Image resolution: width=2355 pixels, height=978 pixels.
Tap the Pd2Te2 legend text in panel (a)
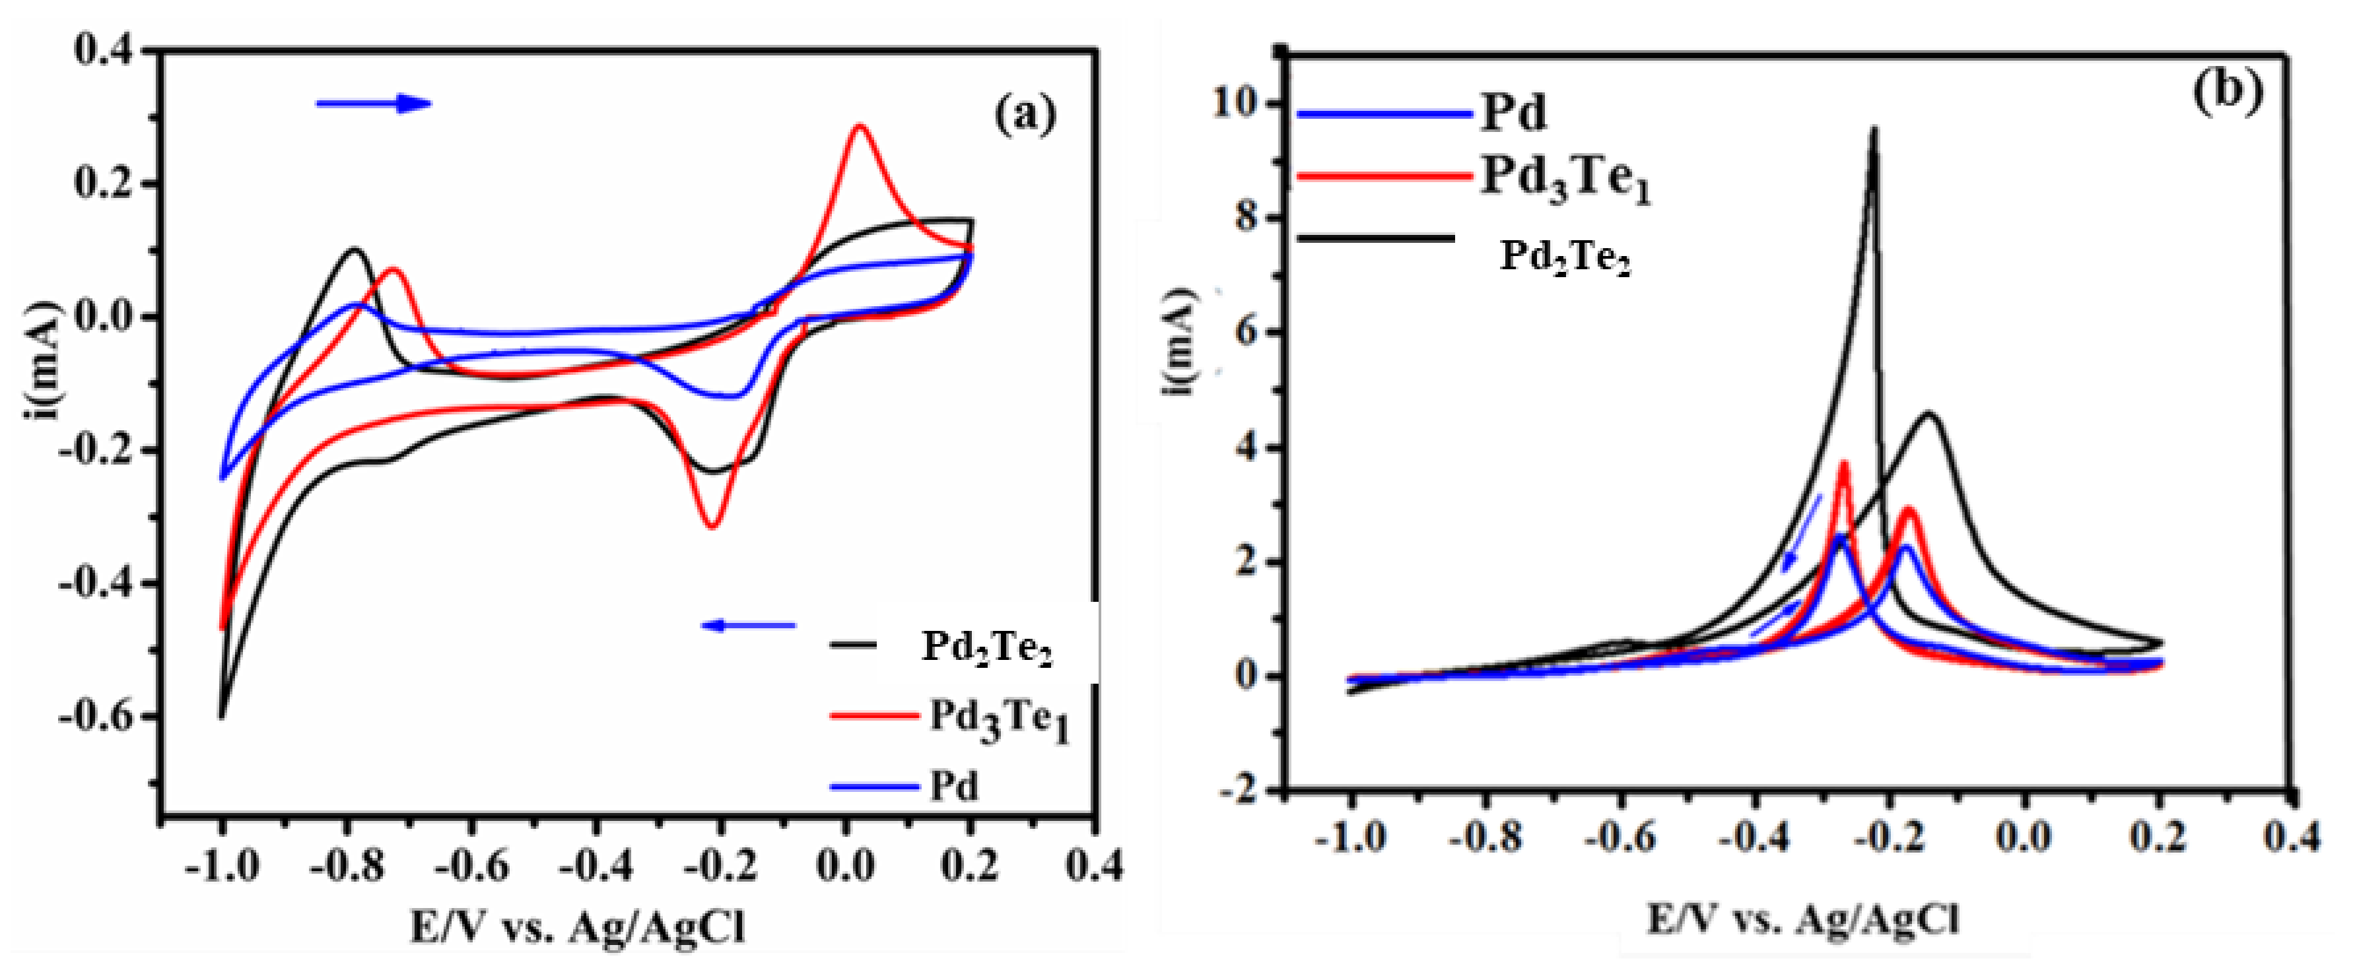[986, 648]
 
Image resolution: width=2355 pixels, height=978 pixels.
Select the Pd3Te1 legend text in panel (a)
[998, 719]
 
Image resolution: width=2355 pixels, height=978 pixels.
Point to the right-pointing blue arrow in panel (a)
[373, 104]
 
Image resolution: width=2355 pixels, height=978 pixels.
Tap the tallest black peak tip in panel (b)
[1873, 131]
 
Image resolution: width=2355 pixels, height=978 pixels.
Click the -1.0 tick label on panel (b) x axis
[1350, 837]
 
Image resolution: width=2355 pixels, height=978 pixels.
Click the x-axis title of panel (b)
[1803, 921]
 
